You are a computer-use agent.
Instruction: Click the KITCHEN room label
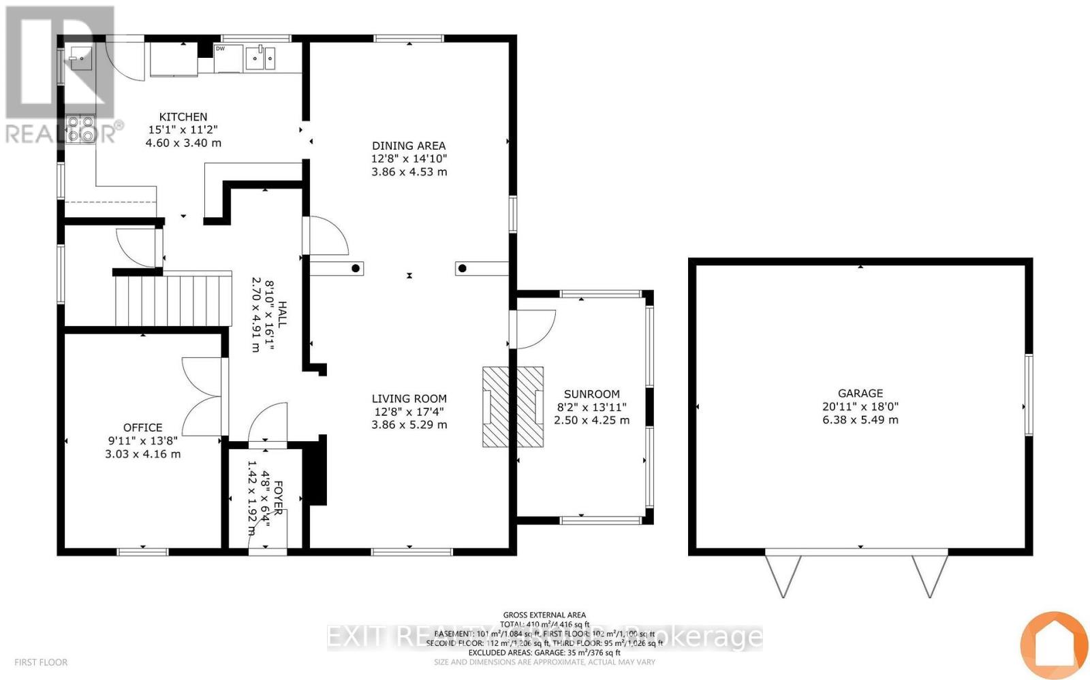point(183,116)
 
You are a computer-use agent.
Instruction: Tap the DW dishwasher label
point(220,49)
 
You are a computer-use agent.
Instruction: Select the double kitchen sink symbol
point(260,59)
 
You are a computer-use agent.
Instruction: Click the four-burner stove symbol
point(80,129)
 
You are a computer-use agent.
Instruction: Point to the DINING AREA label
point(409,145)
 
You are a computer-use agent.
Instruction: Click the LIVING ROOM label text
point(409,399)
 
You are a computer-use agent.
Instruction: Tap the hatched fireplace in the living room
point(513,407)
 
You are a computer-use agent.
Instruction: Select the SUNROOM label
point(591,394)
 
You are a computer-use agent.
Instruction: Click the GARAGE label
point(860,393)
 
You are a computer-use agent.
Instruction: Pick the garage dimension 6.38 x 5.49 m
point(860,420)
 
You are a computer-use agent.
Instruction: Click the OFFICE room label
point(142,427)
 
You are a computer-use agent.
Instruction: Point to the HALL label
point(281,315)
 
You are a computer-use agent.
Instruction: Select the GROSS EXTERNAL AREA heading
point(544,615)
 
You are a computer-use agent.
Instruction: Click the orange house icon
point(1053,644)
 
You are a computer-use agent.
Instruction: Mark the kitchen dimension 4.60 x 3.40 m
point(183,143)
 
